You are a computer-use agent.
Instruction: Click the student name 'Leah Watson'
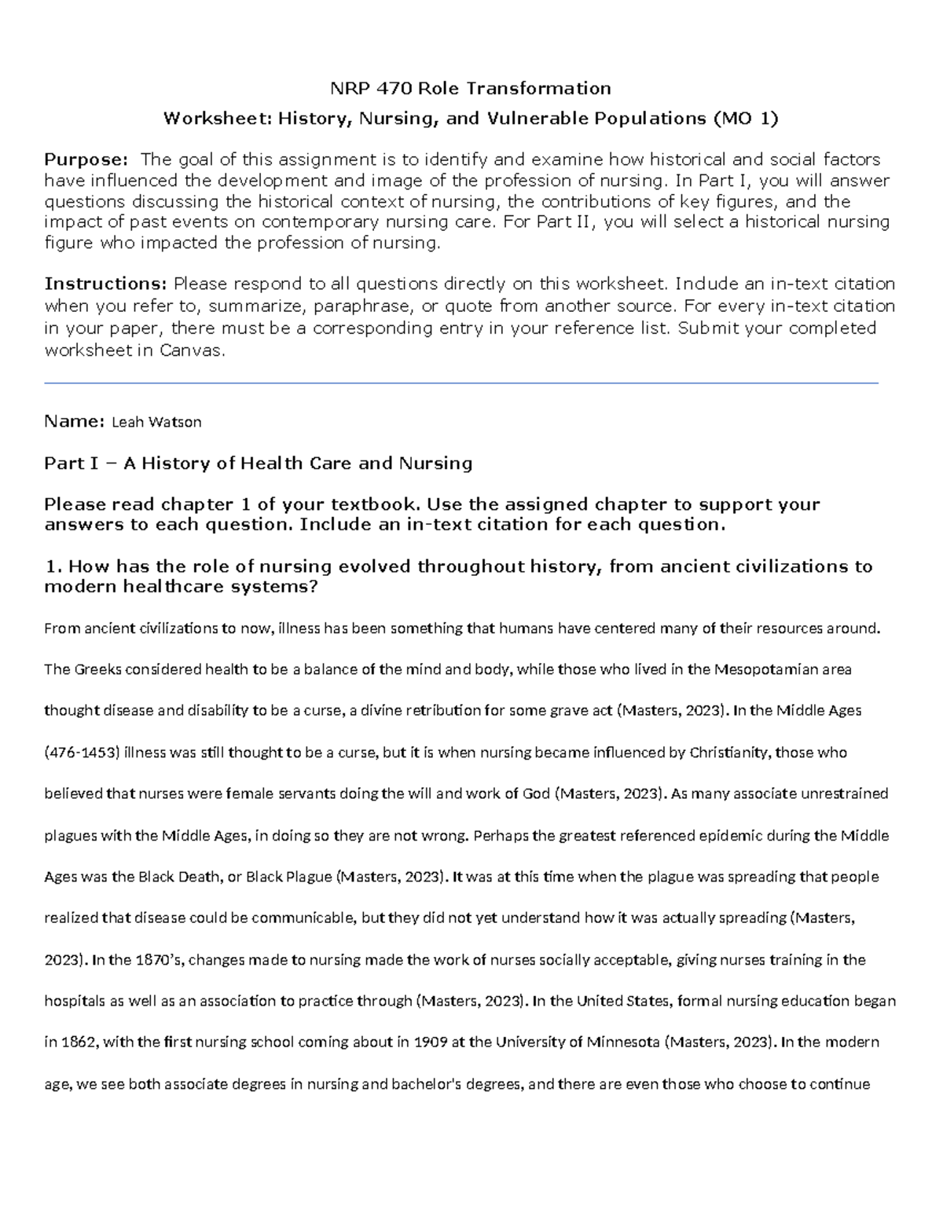click(156, 422)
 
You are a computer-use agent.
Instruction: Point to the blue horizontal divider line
click(461, 383)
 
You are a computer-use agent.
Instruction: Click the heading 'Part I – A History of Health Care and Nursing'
click(259, 463)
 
